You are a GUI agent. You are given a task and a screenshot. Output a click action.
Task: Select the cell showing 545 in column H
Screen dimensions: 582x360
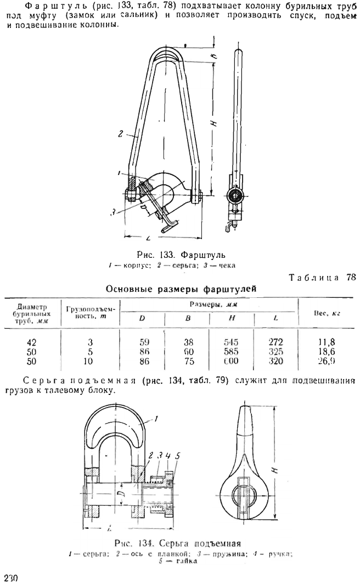[x=232, y=341]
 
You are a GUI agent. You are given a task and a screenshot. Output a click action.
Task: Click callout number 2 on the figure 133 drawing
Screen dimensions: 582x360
[x=119, y=133]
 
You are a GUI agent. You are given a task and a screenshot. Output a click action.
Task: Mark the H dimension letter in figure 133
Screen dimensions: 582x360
[x=214, y=124]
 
